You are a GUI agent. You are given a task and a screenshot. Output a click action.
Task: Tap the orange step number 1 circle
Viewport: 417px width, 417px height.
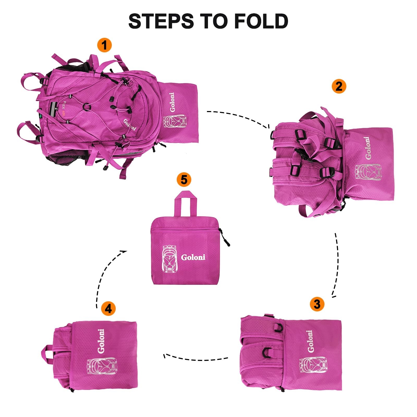pyautogui.click(x=104, y=45)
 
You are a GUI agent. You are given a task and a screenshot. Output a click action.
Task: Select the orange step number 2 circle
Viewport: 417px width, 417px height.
pyautogui.click(x=339, y=86)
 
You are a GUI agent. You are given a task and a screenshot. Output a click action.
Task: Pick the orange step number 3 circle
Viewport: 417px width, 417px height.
pyautogui.click(x=317, y=304)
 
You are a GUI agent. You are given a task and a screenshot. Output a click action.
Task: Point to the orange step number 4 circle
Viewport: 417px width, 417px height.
pyautogui.click(x=108, y=309)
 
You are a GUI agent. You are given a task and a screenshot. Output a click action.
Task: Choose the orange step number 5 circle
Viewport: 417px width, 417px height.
pyautogui.click(x=184, y=180)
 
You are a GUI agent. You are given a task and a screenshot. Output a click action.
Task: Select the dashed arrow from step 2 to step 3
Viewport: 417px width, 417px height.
pyautogui.click(x=338, y=265)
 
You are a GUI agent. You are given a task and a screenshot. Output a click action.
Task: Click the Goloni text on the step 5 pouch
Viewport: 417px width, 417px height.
pyautogui.click(x=193, y=257)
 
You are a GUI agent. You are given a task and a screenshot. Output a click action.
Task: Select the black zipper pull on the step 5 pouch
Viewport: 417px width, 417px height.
pyautogui.click(x=225, y=237)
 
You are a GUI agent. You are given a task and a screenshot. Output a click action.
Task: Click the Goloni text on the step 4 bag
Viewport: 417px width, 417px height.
pyautogui.click(x=101, y=341)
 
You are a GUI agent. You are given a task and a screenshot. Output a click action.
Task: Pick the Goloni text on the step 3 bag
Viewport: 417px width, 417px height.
pyautogui.click(x=310, y=341)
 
